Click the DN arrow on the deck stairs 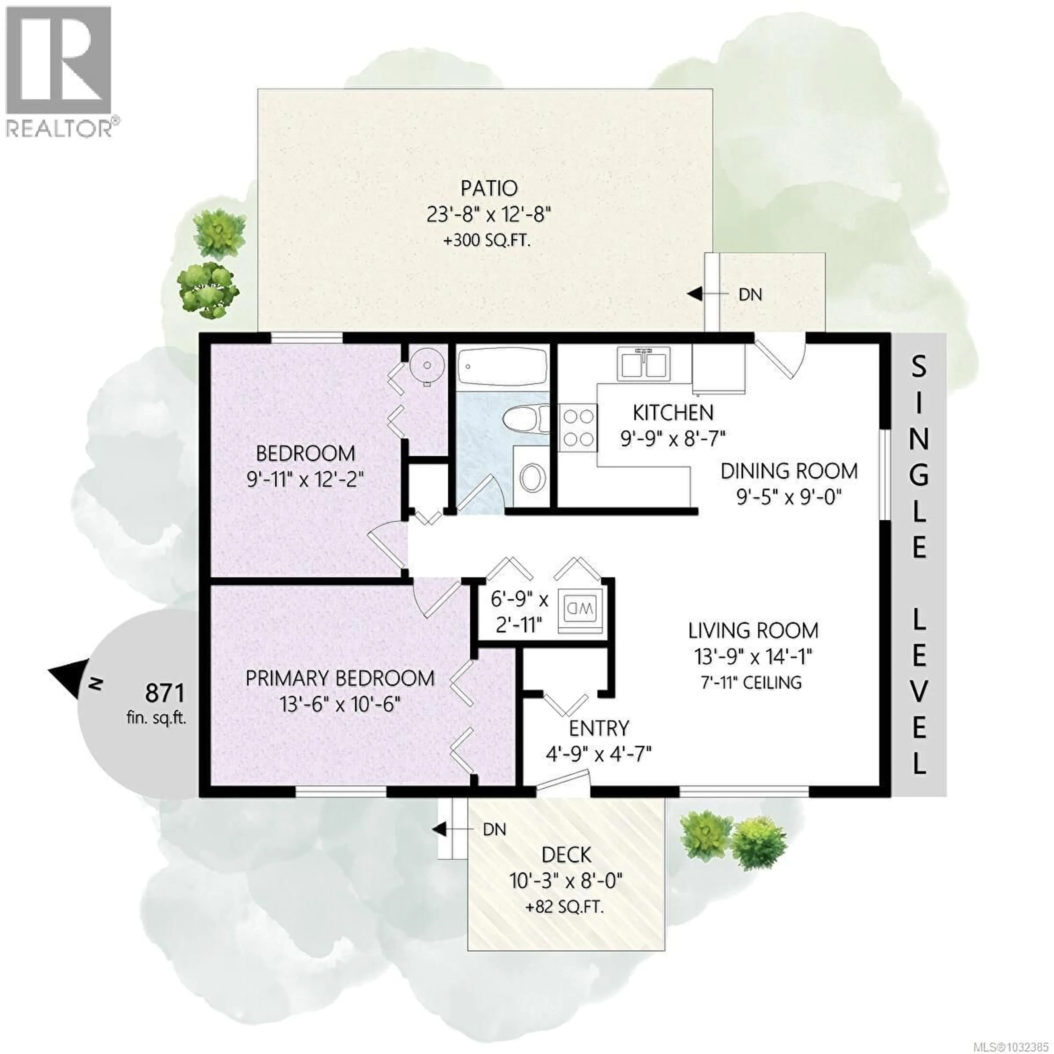point(439,830)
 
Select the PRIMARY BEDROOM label point(340,679)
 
